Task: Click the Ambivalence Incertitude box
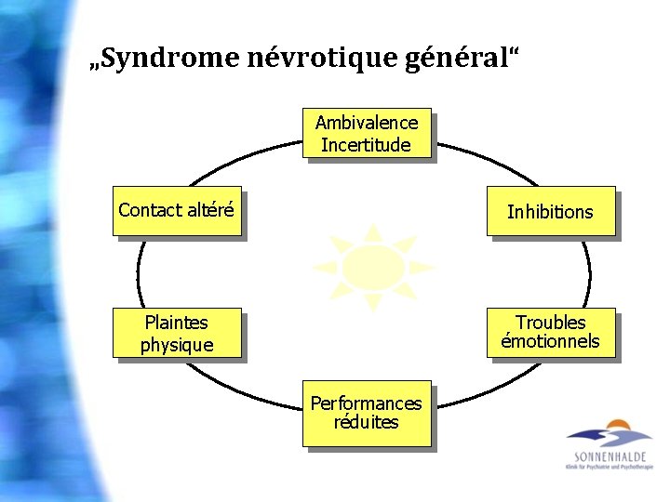pyautogui.click(x=367, y=133)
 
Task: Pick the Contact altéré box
pyautogui.click(x=177, y=210)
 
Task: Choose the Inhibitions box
pyautogui.click(x=550, y=211)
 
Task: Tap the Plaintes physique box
pyautogui.click(x=177, y=333)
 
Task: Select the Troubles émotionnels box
pyautogui.click(x=551, y=332)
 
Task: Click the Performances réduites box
pyautogui.click(x=366, y=413)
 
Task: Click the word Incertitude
pyautogui.click(x=366, y=144)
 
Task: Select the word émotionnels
pyautogui.click(x=551, y=341)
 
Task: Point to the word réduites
pyautogui.click(x=366, y=422)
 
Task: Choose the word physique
pyautogui.click(x=177, y=345)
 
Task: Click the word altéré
pyautogui.click(x=210, y=210)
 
